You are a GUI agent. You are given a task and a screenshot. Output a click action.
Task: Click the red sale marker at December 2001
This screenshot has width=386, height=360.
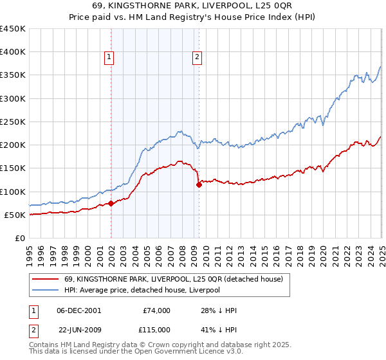(x=111, y=204)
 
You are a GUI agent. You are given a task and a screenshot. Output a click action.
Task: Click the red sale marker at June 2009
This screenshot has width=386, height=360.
(x=199, y=184)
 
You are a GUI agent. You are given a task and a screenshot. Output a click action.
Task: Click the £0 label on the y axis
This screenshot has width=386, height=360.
(x=19, y=238)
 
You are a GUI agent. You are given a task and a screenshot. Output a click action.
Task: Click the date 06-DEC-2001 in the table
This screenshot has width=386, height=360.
(x=79, y=310)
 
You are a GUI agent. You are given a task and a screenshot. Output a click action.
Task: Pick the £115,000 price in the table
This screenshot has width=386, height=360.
(x=156, y=330)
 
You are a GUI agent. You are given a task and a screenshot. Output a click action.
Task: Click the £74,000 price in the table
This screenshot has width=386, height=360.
(x=156, y=310)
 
